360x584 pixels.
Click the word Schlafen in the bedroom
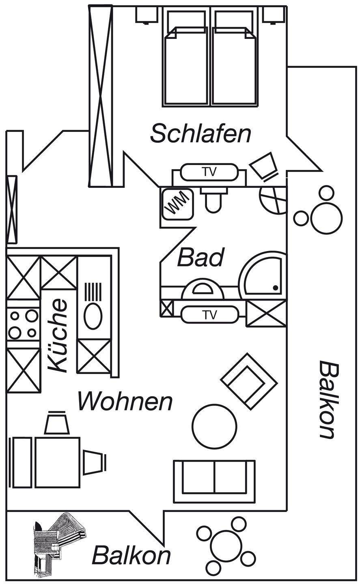(200, 134)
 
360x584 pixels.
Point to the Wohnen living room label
(125, 401)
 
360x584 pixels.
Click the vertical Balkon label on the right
(328, 399)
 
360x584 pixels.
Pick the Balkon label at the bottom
(131, 555)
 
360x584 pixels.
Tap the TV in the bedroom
(209, 172)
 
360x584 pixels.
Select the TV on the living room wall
(209, 314)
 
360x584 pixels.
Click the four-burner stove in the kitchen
(23, 324)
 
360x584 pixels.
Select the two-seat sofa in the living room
(214, 481)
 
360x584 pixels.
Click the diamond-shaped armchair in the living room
(248, 381)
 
